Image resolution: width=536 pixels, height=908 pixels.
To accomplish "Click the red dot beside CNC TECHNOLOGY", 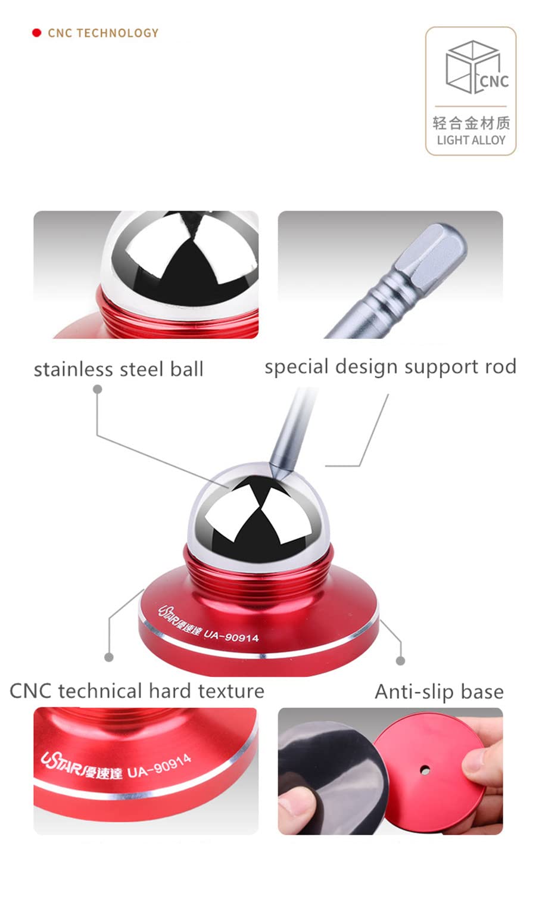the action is [36, 33].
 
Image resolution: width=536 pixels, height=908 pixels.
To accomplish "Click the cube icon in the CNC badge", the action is [472, 67].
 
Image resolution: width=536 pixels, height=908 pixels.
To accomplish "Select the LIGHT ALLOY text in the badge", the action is [471, 140].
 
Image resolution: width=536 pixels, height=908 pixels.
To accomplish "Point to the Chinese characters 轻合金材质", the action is [471, 123].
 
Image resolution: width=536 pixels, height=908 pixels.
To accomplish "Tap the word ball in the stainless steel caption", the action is [187, 369].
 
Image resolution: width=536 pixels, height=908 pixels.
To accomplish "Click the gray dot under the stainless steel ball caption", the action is [97, 389].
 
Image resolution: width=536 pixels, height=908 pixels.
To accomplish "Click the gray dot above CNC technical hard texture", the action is [109, 657].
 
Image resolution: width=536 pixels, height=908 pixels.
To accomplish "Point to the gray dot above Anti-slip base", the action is [400, 661].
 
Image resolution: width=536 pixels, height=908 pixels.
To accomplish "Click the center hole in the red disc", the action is [425, 769].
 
